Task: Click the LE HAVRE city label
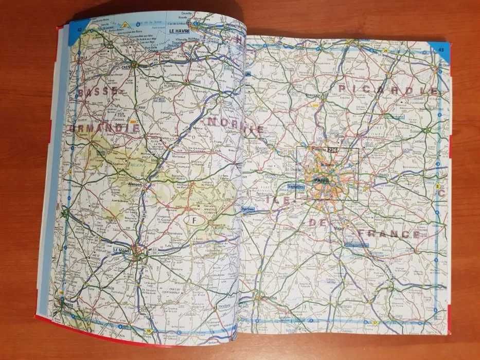click(176, 31)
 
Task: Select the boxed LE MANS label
click(121, 249)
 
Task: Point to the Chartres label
click(250, 209)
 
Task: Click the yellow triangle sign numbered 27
click(125, 24)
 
